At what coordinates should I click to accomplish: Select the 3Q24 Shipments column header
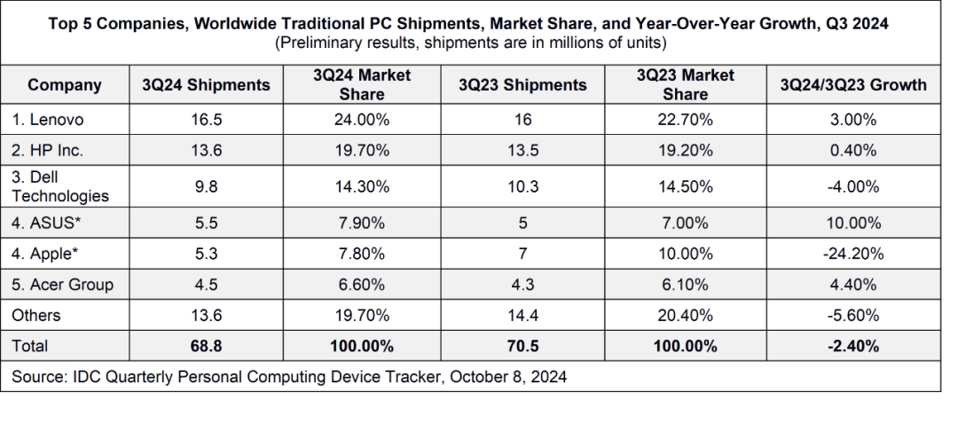point(206,85)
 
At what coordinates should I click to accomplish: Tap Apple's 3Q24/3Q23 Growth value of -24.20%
point(852,254)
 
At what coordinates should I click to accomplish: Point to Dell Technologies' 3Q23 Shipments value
point(522,187)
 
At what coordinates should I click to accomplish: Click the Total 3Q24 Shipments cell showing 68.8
point(206,346)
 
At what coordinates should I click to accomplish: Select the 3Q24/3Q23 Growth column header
point(852,85)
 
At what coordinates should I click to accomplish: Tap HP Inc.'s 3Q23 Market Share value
point(685,151)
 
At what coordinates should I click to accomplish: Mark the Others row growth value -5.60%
point(852,316)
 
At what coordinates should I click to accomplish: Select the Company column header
point(65,85)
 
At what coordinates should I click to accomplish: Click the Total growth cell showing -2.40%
point(852,346)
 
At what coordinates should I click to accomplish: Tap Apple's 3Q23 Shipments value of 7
point(522,254)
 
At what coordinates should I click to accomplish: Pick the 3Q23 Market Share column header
point(685,85)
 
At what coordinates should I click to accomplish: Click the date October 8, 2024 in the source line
point(508,376)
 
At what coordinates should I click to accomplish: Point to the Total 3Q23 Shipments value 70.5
point(522,346)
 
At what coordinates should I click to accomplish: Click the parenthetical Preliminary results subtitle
point(471,43)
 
